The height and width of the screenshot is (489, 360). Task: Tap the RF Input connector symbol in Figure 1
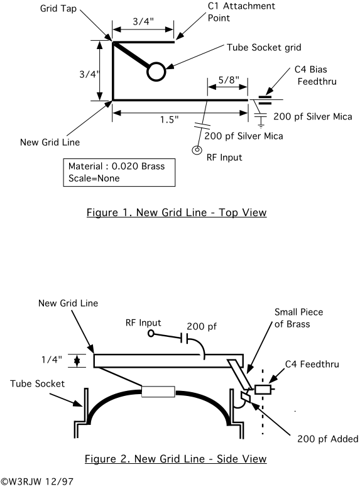click(x=197, y=150)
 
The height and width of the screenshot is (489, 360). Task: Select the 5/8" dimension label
click(x=229, y=80)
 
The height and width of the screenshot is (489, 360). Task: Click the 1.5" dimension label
click(x=169, y=119)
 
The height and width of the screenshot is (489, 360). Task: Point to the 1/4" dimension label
click(x=52, y=360)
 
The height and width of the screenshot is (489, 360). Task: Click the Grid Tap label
click(x=58, y=8)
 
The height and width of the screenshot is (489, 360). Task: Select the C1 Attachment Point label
click(x=241, y=12)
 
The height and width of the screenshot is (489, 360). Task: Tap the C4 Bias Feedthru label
click(x=315, y=75)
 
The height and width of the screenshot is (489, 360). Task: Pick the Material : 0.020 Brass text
click(x=117, y=166)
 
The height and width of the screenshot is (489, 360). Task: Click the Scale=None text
click(x=94, y=179)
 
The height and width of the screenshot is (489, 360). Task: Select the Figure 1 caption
click(x=177, y=212)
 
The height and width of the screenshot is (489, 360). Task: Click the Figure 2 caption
click(x=176, y=459)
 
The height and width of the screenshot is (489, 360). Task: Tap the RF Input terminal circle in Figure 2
click(x=151, y=334)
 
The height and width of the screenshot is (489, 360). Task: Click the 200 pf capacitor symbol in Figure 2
click(x=184, y=338)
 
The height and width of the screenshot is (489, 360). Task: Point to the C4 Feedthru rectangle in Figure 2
click(x=263, y=390)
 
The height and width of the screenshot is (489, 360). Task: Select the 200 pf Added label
click(x=327, y=439)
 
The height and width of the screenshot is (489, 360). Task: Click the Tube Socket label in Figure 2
click(x=38, y=383)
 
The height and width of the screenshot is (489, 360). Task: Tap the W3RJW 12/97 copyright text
click(x=37, y=481)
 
